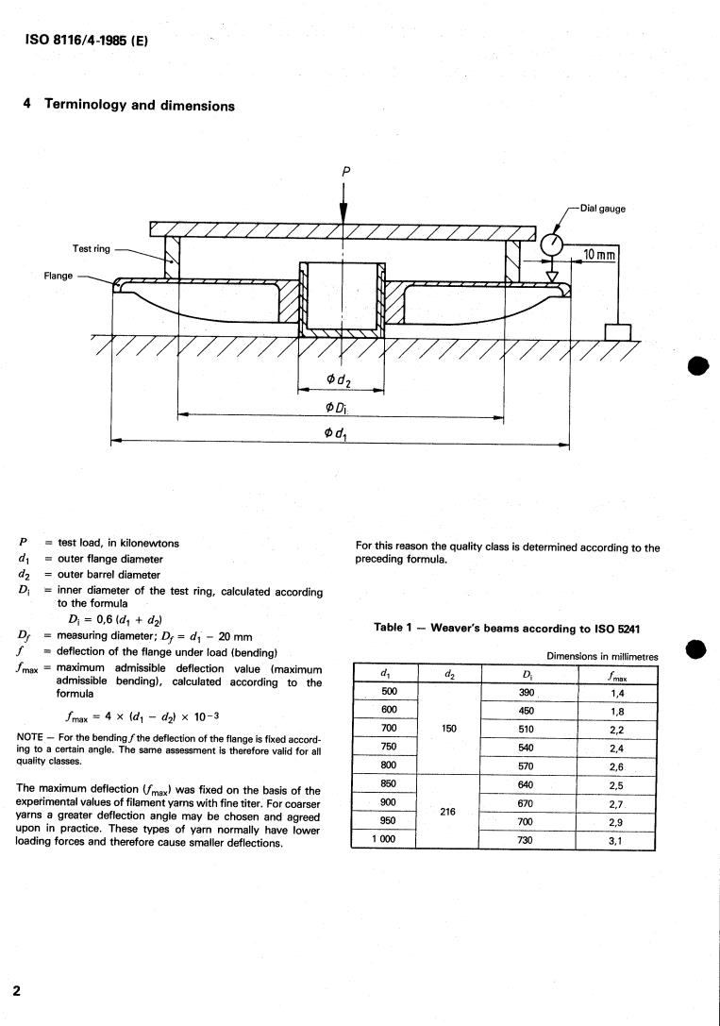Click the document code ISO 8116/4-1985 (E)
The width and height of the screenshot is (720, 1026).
pyautogui.click(x=86, y=40)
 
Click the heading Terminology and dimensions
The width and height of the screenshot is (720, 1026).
pyautogui.click(x=140, y=106)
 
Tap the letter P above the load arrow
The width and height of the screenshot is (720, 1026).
pyautogui.click(x=346, y=172)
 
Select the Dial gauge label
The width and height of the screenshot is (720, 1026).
pyautogui.click(x=602, y=208)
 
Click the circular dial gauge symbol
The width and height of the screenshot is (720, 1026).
pyautogui.click(x=553, y=244)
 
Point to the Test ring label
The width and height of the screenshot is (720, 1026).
pyautogui.click(x=92, y=248)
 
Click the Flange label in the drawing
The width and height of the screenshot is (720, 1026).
pyautogui.click(x=59, y=276)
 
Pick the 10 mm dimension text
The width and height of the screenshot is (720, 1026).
pyautogui.click(x=599, y=254)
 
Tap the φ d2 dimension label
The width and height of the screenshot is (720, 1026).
pyautogui.click(x=338, y=379)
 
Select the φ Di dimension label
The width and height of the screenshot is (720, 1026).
pyautogui.click(x=337, y=408)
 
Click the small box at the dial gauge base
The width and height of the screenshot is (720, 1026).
pyautogui.click(x=618, y=331)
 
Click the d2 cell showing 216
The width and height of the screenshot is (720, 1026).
pyautogui.click(x=448, y=812)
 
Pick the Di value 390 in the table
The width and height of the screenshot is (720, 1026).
pyautogui.click(x=527, y=692)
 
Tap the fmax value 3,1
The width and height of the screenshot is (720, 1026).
pyautogui.click(x=615, y=841)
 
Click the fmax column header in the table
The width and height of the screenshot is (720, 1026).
pyautogui.click(x=617, y=676)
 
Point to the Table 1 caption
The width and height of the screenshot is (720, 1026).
pyautogui.click(x=507, y=629)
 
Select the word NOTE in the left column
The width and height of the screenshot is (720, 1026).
pyautogui.click(x=29, y=737)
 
